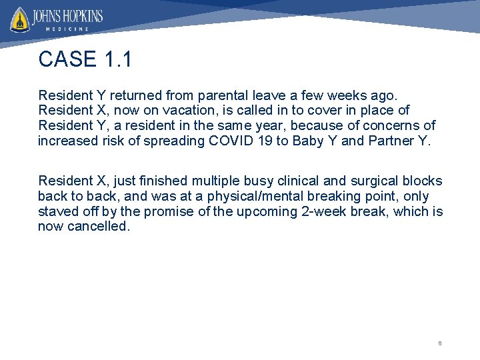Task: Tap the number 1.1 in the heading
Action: tap(118, 59)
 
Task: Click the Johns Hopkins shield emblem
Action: tap(20, 19)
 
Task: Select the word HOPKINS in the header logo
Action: tap(80, 15)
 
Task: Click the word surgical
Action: tap(367, 181)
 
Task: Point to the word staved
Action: tap(57, 211)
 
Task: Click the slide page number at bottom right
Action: tap(439, 343)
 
